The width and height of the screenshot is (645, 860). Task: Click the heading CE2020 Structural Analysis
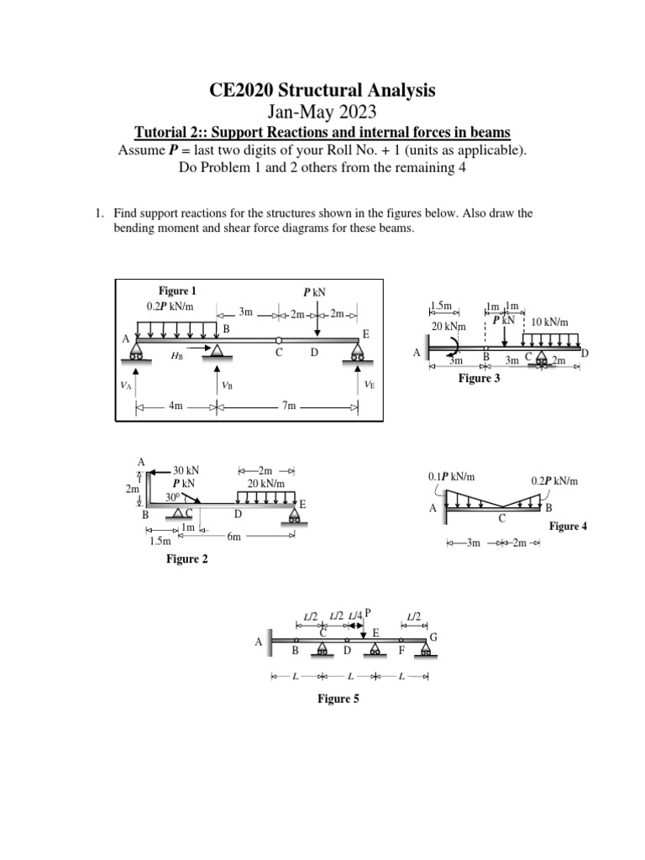point(322,91)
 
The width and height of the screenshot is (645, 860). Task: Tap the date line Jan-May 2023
point(322,113)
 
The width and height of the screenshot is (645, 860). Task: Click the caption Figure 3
point(479,379)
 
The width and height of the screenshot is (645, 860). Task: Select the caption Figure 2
point(187,558)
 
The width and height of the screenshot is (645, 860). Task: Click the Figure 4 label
point(569,527)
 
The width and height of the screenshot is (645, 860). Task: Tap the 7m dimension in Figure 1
point(288,406)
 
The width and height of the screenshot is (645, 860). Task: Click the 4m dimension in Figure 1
point(176,406)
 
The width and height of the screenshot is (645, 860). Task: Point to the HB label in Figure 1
point(176,356)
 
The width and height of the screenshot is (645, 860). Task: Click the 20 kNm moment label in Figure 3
point(448,325)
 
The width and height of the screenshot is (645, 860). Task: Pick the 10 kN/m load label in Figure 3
point(551,322)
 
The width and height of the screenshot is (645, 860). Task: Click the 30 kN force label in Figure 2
point(186,470)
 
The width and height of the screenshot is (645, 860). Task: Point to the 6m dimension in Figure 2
point(233,537)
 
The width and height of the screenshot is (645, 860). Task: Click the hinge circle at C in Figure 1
point(279,339)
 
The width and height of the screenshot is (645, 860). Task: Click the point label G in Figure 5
point(433,638)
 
